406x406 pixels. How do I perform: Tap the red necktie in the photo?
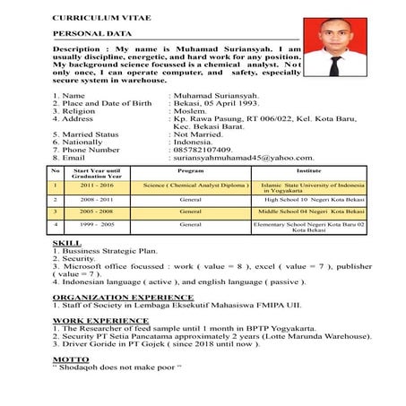pyautogui.click(x=336, y=64)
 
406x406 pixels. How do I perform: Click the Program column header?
pyautogui.click(x=190, y=169)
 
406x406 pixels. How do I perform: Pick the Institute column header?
pyautogui.click(x=309, y=169)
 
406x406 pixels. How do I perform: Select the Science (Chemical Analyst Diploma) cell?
pyautogui.click(x=190, y=185)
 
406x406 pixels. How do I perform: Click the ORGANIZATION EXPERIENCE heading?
pyautogui.click(x=110, y=296)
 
